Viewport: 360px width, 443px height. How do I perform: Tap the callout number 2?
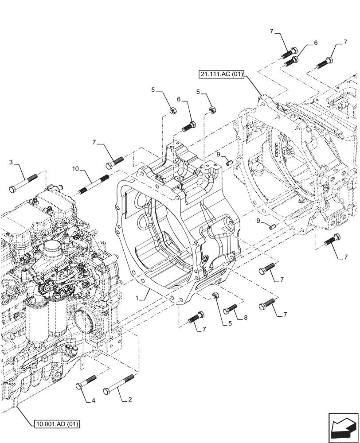click(129, 400)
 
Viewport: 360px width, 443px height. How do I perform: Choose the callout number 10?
click(75, 169)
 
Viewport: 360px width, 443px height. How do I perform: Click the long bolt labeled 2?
click(118, 384)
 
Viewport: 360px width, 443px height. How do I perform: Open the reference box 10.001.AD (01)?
click(56, 424)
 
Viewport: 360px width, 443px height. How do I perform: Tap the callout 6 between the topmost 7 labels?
click(315, 43)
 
